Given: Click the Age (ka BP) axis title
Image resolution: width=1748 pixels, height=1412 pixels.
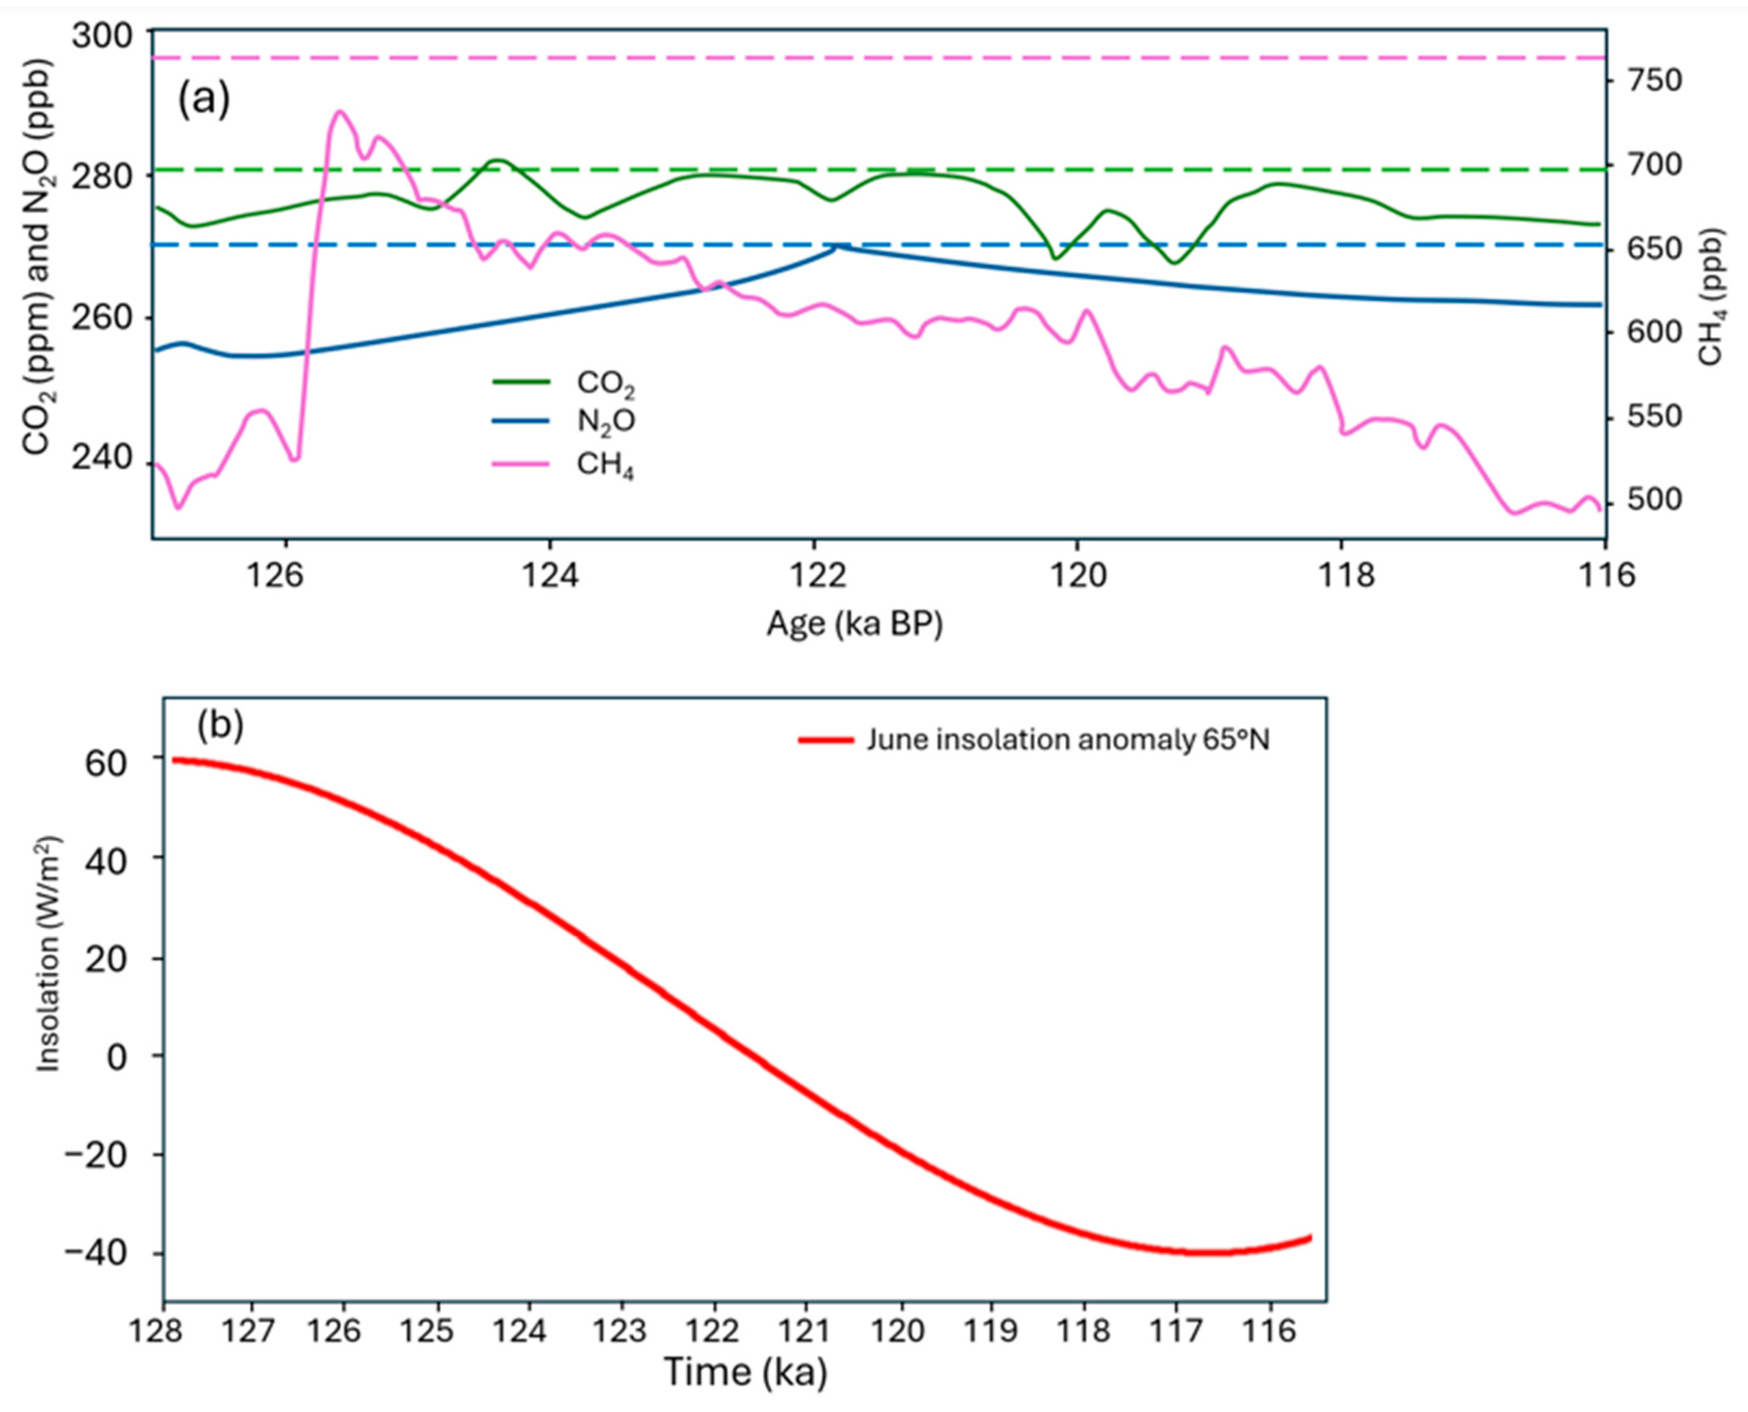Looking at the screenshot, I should coord(854,625).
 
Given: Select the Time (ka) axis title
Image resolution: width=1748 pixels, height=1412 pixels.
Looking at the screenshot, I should coord(745,1371).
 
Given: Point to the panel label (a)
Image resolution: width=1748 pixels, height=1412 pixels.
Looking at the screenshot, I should coord(203,99).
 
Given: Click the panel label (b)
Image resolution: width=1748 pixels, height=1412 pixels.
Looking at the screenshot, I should coord(220,725).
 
